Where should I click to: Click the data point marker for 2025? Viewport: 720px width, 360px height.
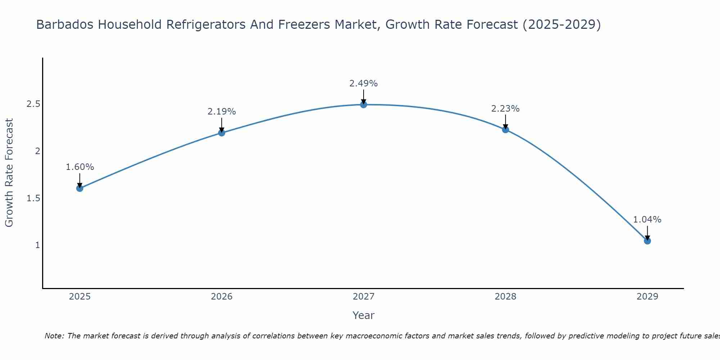[x=80, y=188]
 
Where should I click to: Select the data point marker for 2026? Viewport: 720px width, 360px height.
[x=222, y=133]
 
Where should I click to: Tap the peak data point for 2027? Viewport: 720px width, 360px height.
[x=364, y=105]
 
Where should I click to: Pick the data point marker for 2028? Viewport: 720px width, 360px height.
[x=505, y=130]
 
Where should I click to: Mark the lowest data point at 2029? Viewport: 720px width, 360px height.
[x=647, y=241]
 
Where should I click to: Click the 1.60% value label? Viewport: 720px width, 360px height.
[x=80, y=167]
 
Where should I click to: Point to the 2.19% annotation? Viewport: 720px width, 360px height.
[x=222, y=112]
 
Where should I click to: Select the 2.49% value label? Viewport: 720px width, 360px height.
[x=364, y=84]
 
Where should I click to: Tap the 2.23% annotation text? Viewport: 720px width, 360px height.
[x=505, y=108]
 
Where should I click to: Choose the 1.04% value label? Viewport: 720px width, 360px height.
[x=647, y=220]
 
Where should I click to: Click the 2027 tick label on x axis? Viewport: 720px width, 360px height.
[x=364, y=297]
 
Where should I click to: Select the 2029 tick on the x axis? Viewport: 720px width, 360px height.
[x=647, y=297]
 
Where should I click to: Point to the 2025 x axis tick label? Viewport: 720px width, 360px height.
[x=80, y=297]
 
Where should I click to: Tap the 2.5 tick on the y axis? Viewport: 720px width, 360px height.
[x=33, y=104]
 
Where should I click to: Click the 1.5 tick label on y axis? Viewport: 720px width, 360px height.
[x=33, y=198]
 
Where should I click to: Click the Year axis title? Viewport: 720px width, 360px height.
[x=364, y=315]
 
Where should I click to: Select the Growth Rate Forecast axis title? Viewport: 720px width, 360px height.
[x=9, y=173]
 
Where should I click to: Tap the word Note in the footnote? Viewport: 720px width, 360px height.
[x=54, y=336]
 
